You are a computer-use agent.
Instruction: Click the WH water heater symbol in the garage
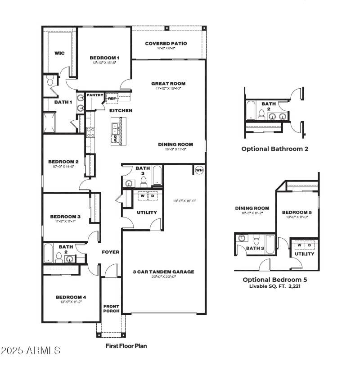point(199,170)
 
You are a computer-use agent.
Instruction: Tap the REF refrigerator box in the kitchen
point(111,98)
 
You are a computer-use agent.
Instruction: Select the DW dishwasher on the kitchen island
point(116,139)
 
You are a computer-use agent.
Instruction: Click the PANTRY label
point(95,95)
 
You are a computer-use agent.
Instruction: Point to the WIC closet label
point(59,53)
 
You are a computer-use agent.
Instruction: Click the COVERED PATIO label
point(166,44)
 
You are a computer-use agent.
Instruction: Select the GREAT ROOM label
point(168,83)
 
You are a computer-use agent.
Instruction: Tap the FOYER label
point(110,252)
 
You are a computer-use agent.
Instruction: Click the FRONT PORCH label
point(111,308)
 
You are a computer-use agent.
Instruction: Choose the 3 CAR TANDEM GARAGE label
point(163,272)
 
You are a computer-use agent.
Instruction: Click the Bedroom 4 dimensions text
point(71,303)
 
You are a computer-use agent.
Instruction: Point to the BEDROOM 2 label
point(63,161)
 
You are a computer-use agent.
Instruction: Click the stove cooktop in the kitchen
point(90,132)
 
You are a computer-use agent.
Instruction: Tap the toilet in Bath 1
point(50,82)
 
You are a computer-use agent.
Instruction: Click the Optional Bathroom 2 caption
point(274,149)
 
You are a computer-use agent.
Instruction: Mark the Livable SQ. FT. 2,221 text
point(274,286)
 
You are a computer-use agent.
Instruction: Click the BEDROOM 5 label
point(297,212)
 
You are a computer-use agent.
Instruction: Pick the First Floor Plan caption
point(126,346)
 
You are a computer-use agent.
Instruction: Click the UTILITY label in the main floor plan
point(147,213)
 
